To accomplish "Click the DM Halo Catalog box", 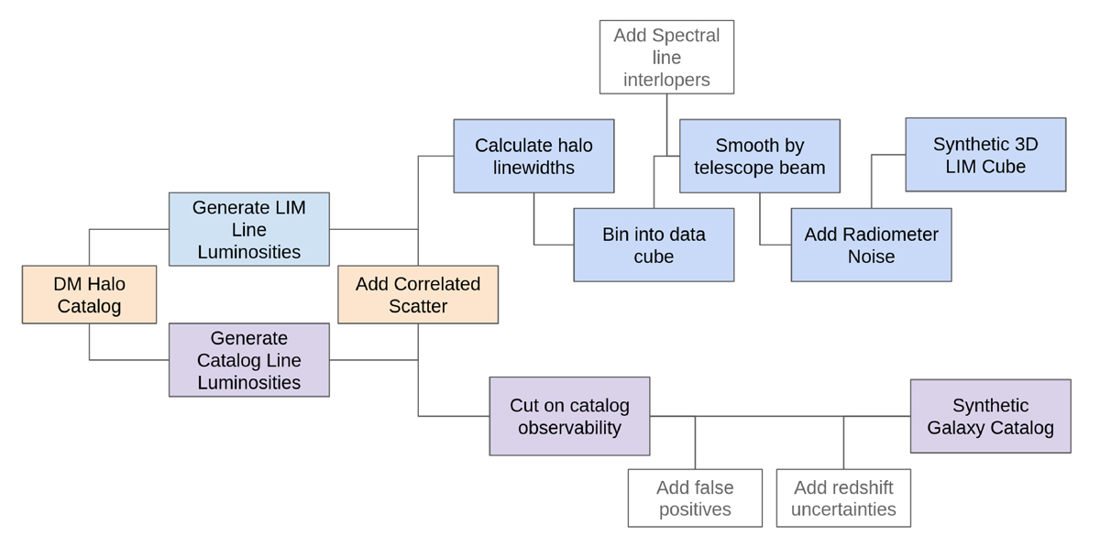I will coord(89,294).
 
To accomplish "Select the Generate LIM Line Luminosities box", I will coord(248,229).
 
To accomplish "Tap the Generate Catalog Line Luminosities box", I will coord(248,360).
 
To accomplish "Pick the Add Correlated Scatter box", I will coord(418,294).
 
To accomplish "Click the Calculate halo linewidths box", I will coord(533,156).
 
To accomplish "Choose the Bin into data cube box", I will coord(654,245).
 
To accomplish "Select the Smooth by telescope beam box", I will coord(759,156).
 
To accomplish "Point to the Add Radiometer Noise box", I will coord(871,245).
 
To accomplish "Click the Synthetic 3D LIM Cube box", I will coord(985,155).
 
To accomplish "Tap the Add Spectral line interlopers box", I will coord(666,57).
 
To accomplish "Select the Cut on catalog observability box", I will coord(569,416).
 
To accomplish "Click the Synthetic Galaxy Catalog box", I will coord(990,416).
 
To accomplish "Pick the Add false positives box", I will coord(695,498).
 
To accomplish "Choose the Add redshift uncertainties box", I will coord(843,498).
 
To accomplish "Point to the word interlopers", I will coord(666,80).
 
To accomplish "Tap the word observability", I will coord(569,428).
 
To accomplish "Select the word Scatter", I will coord(418,306).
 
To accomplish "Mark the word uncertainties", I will coord(843,509).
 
